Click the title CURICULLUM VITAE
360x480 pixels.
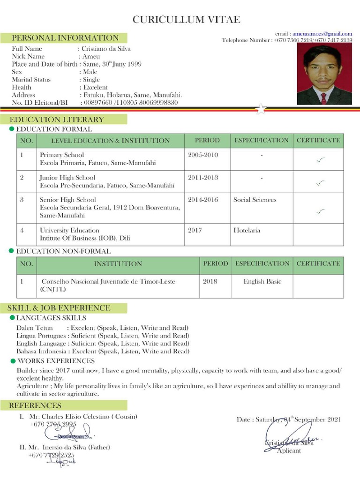pos(187,19)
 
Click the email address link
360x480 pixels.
pos(322,34)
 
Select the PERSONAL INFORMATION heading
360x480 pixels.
pos(65,38)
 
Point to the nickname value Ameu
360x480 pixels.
pos(91,56)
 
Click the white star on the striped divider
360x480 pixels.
pos(261,109)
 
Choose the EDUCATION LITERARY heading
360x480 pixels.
pos(57,120)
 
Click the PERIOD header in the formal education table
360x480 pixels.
pos(207,140)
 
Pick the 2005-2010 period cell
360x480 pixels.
pos(203,155)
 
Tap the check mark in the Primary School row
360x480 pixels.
pos(320,160)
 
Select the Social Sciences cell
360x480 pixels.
pos(255,200)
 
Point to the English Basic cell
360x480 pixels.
pos(262,281)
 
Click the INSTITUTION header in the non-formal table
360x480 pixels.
pos(118,264)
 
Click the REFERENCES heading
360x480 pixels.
pos(35,405)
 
